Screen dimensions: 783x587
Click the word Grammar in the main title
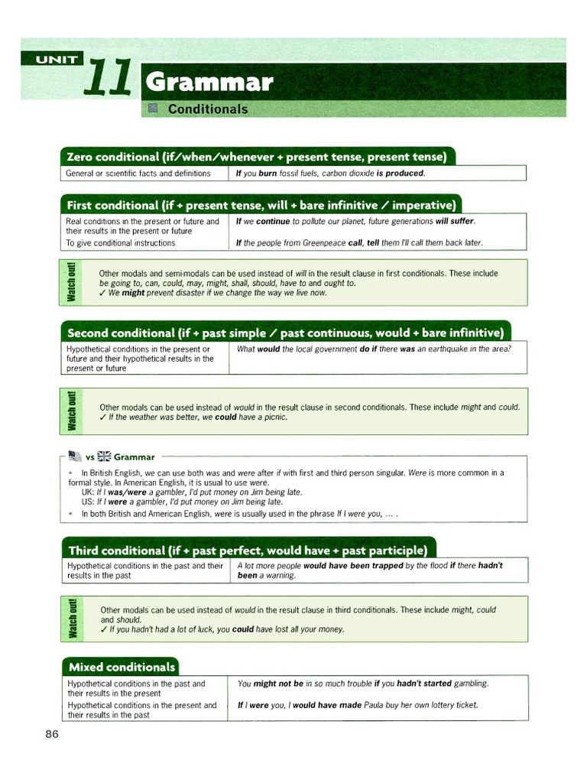pyautogui.click(x=209, y=83)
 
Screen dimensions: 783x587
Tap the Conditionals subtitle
pyautogui.click(x=208, y=109)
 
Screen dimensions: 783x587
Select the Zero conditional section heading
pyautogui.click(x=257, y=157)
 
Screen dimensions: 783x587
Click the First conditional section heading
pyautogui.click(x=261, y=205)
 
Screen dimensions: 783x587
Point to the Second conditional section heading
pyautogui.click(x=285, y=333)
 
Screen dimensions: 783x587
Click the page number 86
pyautogui.click(x=52, y=734)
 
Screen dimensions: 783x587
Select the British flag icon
pyautogui.click(x=104, y=457)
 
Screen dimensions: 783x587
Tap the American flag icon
pyautogui.click(x=74, y=457)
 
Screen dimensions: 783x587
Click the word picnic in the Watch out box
pyautogui.click(x=273, y=417)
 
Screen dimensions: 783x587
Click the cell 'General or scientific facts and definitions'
pyautogui.click(x=138, y=174)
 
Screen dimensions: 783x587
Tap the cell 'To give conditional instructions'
pyautogui.click(x=121, y=243)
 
